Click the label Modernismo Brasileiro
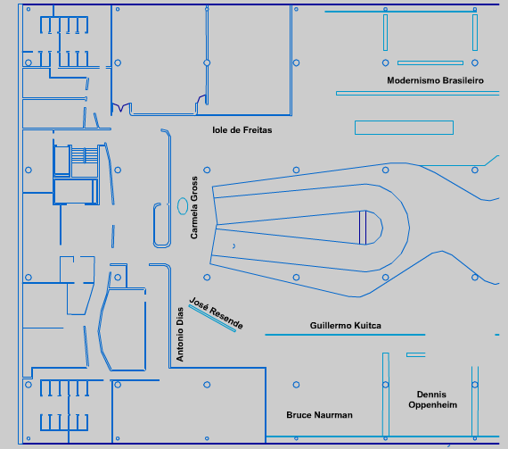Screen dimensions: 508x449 click(x=435, y=80)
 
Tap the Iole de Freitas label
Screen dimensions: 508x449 click(x=242, y=130)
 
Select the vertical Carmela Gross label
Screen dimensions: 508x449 click(x=194, y=208)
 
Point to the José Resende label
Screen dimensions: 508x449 click(x=216, y=312)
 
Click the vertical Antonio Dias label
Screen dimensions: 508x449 click(x=180, y=334)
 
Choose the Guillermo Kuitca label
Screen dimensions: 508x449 click(x=346, y=326)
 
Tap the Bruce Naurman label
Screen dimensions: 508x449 click(x=319, y=415)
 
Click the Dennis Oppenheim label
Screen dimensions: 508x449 click(x=432, y=400)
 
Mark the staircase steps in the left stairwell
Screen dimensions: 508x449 click(x=85, y=154)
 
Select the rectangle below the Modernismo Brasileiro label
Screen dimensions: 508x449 click(x=404, y=128)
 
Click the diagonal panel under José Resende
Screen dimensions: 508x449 click(x=212, y=319)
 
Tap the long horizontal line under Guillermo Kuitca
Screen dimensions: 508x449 click(x=345, y=335)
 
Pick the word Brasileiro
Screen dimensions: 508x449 click(x=463, y=80)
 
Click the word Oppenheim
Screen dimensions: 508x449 click(x=432, y=405)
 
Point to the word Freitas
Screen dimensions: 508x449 click(x=258, y=130)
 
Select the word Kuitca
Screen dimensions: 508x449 click(x=368, y=326)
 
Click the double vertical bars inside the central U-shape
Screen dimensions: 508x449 click(x=363, y=228)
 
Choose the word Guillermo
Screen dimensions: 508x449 click(x=331, y=326)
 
